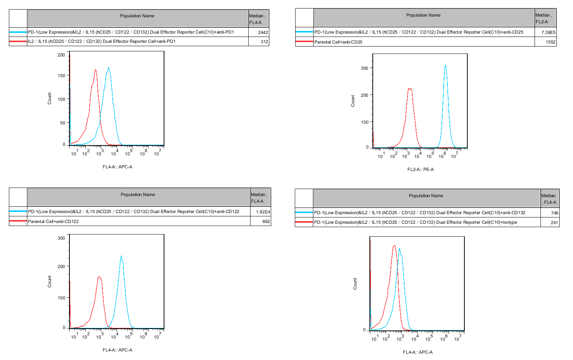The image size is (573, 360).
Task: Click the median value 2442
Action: (263, 32)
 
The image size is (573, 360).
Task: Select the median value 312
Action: (264, 42)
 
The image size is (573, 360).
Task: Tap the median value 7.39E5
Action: (548, 32)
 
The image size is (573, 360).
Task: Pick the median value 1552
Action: (550, 42)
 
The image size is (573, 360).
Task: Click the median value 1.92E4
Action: (263, 212)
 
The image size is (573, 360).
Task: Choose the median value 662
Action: (266, 222)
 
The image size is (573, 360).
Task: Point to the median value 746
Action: (554, 213)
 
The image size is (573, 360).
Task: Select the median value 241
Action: (554, 223)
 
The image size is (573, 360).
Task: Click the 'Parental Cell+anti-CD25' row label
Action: (338, 42)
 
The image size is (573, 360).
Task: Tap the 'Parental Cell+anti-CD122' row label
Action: (53, 222)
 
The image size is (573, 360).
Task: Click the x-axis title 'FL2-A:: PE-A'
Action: (420, 169)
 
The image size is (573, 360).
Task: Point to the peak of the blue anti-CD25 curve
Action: (445, 66)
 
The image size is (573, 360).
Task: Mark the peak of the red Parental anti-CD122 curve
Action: (99, 277)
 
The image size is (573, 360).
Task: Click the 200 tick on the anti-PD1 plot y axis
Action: (61, 55)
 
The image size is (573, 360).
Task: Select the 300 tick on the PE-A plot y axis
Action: (364, 68)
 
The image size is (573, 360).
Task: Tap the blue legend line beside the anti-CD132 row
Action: (304, 213)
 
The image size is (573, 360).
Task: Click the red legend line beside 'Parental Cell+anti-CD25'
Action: (304, 42)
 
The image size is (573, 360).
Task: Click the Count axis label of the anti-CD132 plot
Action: (355, 284)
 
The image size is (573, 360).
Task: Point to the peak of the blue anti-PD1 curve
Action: (109, 68)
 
